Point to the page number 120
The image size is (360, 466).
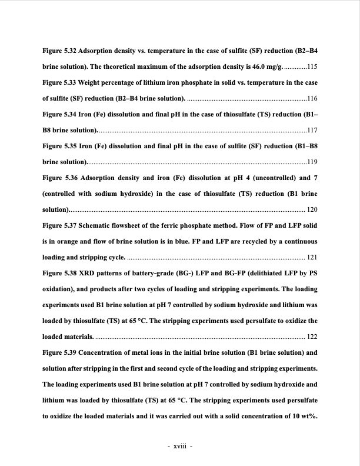(x=312, y=209)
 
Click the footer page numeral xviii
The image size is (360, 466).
(x=179, y=445)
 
